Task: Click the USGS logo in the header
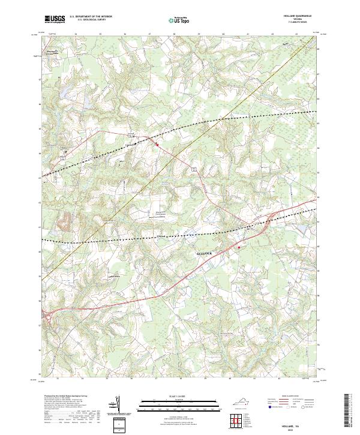(55, 19)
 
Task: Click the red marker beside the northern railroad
(157, 144)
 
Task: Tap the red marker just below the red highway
(239, 246)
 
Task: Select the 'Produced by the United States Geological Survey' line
(64, 397)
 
